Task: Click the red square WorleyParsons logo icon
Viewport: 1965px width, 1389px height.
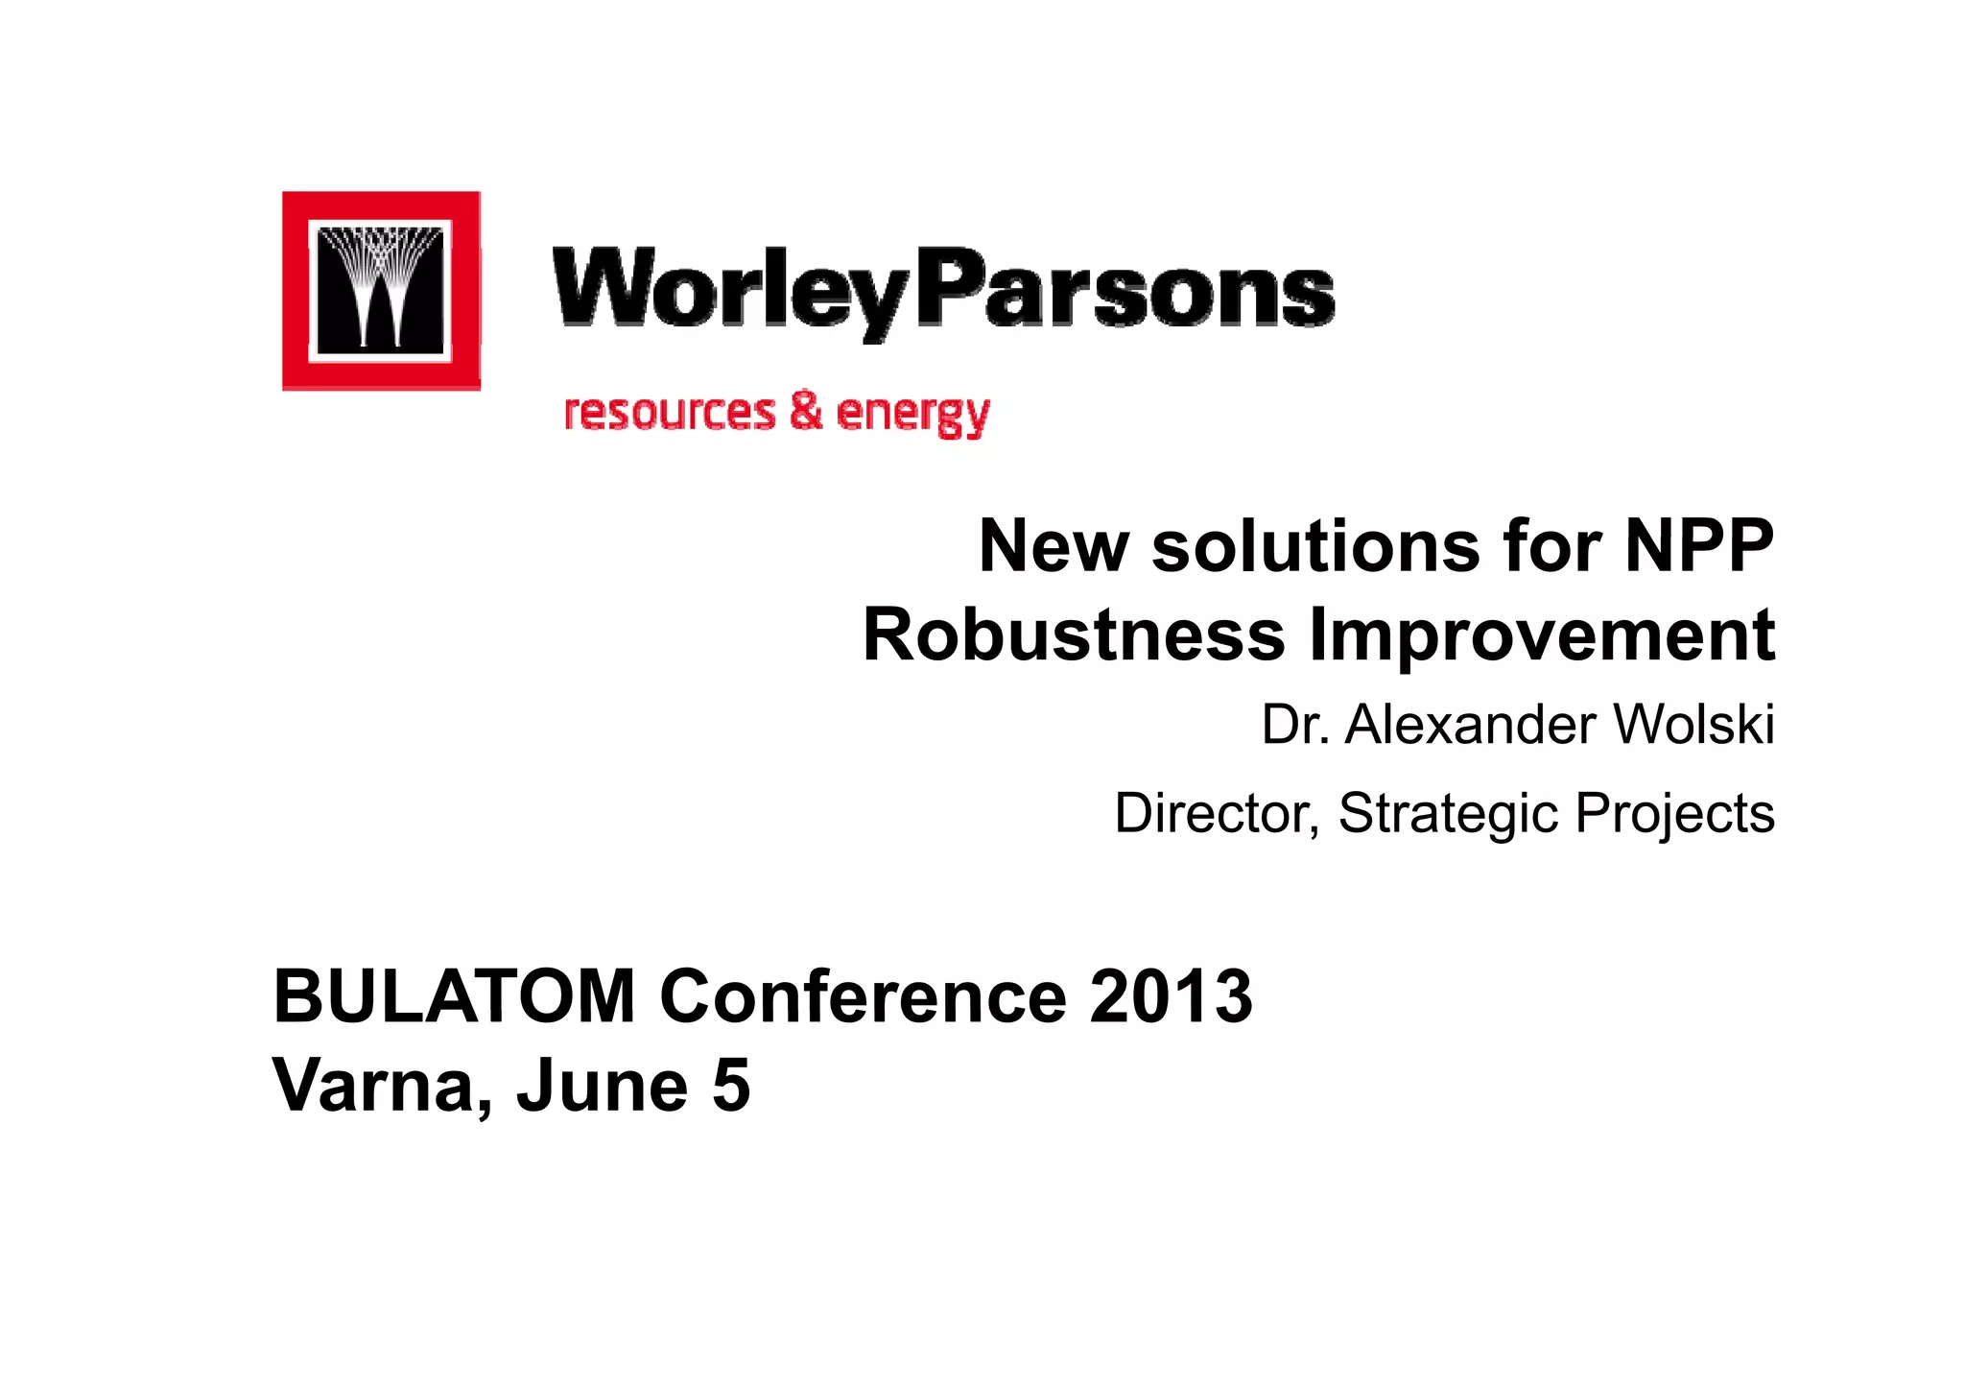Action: pos(381,291)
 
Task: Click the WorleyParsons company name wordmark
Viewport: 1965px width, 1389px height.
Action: pos(942,289)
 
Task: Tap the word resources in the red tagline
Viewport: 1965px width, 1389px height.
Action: pos(669,412)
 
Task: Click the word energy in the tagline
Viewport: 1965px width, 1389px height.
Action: pos(912,415)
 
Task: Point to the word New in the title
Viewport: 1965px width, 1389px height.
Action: pos(1054,546)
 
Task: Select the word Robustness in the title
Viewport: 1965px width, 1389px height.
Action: pos(1073,635)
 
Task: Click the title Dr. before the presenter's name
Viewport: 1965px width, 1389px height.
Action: pos(1295,725)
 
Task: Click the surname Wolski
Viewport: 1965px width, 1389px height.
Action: pos(1693,725)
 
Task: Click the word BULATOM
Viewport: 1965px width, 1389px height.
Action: pos(455,997)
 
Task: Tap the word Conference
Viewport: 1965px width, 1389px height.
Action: pos(863,997)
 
